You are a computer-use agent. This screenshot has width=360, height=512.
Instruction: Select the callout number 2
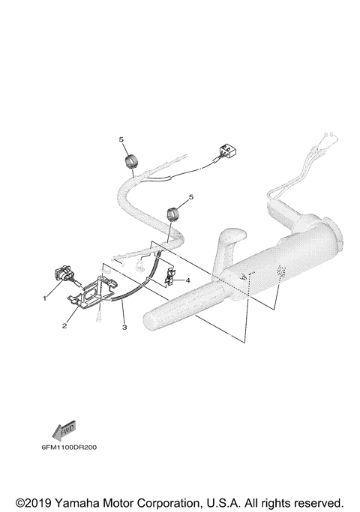[x=65, y=326]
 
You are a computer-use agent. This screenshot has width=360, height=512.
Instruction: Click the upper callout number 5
[x=119, y=139]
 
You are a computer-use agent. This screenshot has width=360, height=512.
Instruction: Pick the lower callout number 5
[x=190, y=196]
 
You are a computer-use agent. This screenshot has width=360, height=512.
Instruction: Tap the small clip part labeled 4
[x=169, y=279]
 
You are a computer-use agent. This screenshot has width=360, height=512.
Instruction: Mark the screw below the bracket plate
[x=98, y=318]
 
